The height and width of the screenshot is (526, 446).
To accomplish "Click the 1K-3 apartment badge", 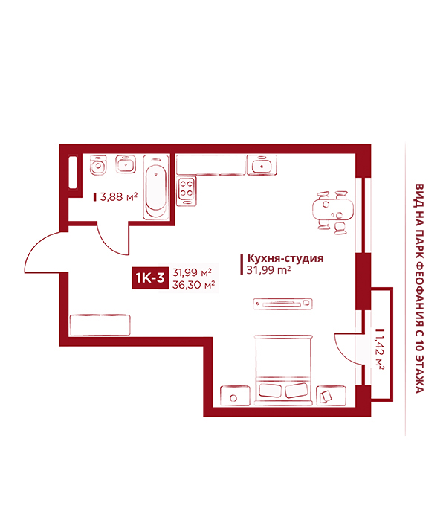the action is [150, 278].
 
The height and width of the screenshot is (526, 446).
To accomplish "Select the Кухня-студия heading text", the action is [285, 258].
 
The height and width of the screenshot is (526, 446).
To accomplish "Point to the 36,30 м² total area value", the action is [193, 285].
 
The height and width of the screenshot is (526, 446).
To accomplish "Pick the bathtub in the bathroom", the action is [156, 187].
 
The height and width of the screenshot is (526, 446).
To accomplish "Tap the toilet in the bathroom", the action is [98, 164].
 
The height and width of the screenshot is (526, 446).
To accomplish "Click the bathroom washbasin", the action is [126, 164].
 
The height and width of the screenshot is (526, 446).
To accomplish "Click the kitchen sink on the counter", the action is [262, 164].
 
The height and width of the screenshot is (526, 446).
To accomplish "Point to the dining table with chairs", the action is [332, 212].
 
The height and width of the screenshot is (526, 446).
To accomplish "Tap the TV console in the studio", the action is [282, 304].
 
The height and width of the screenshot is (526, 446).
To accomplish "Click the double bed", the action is [283, 370].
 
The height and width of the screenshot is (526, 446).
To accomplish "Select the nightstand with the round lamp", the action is [235, 396].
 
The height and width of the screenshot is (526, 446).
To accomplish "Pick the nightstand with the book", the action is [331, 396].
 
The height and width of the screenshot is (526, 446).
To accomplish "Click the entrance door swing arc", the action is [33, 248].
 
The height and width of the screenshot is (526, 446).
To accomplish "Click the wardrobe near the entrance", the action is [100, 324].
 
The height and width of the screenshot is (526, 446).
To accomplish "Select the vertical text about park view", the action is [419, 288].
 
